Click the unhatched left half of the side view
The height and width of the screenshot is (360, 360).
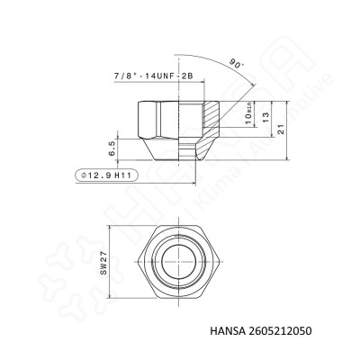point(162,126)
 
